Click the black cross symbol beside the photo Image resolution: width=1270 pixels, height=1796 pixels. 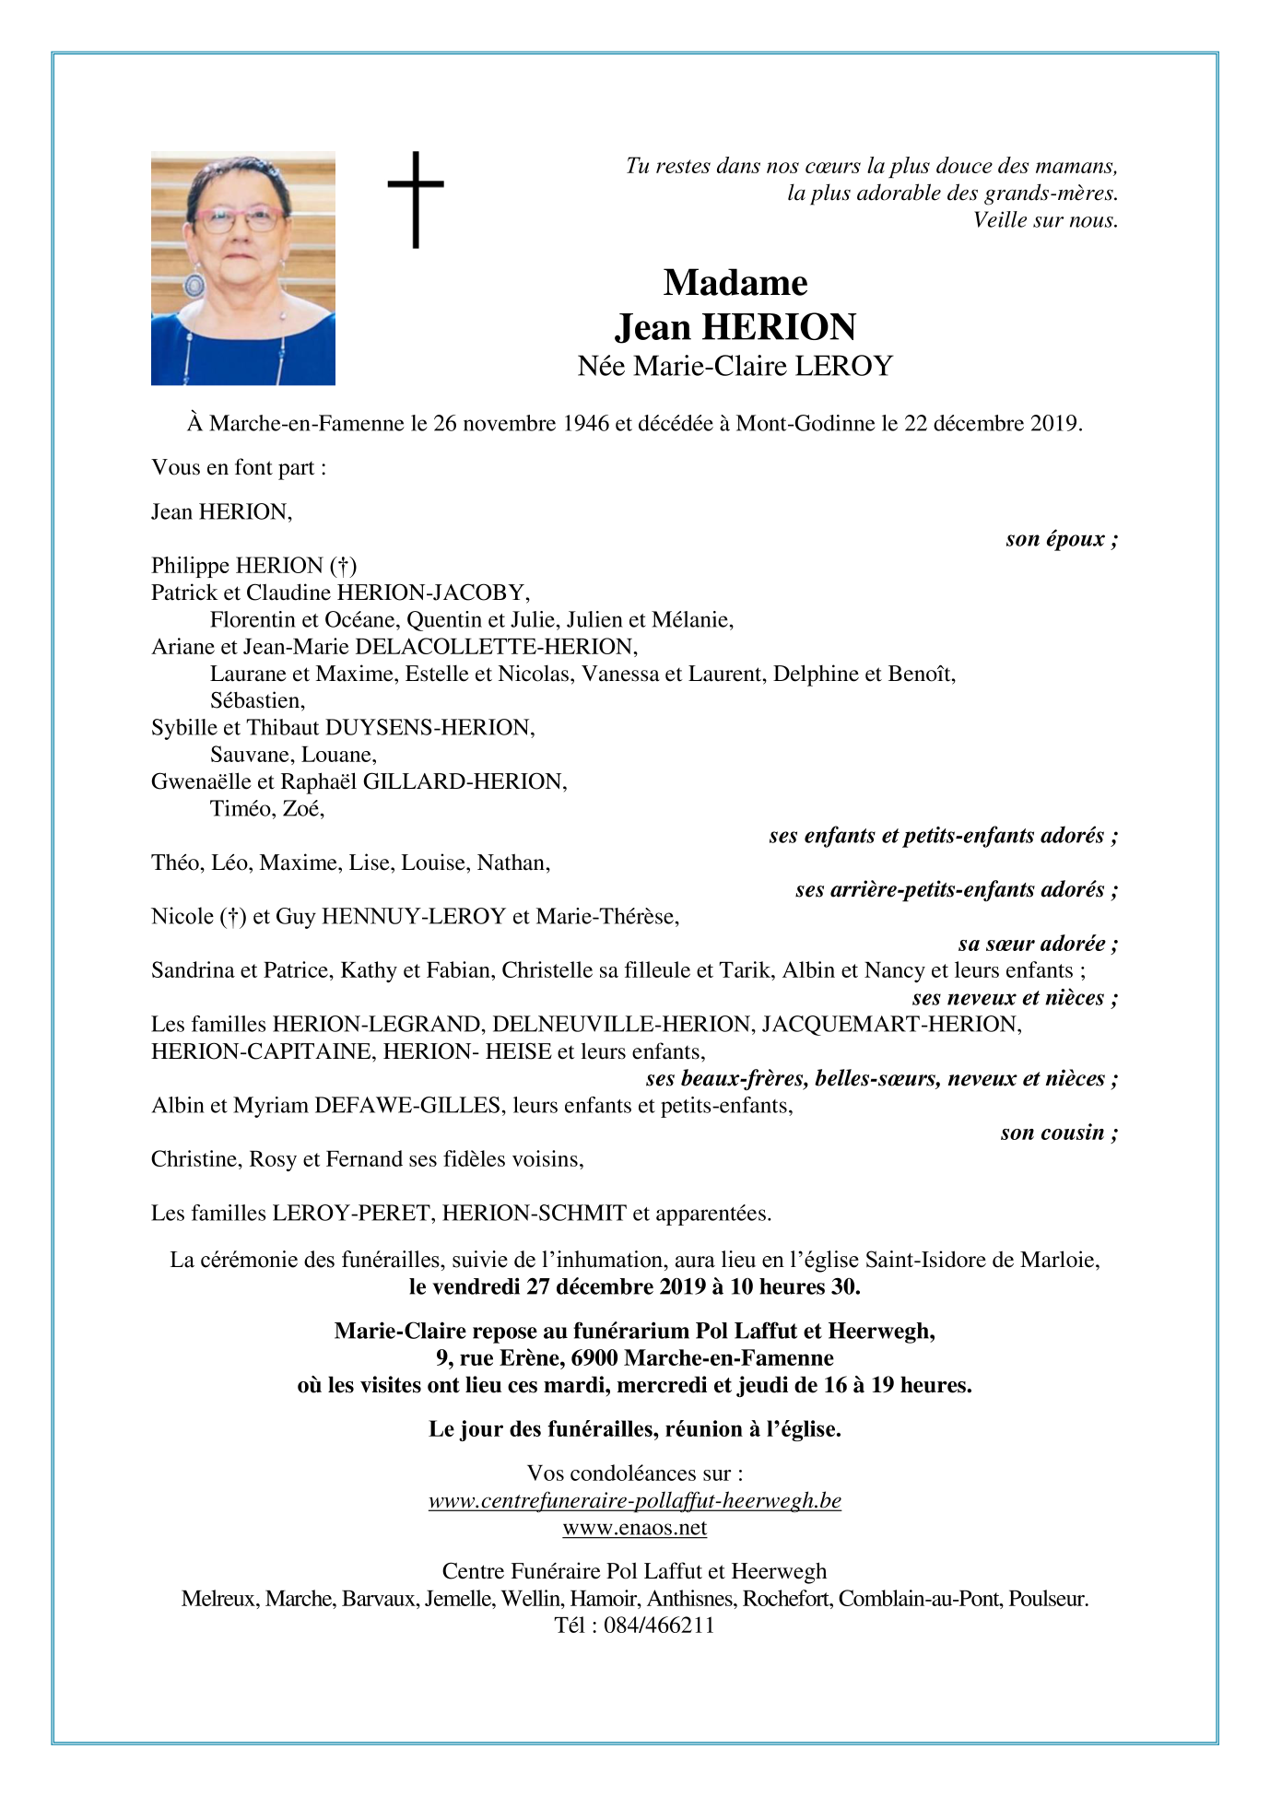pos(416,199)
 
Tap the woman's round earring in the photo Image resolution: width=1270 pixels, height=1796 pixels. pos(194,285)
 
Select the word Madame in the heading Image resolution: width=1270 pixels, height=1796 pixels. pos(735,283)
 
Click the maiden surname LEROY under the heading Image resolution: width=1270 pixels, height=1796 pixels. pos(844,367)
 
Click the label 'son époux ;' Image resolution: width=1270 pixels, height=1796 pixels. pos(1062,539)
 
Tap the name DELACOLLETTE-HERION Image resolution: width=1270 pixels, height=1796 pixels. pos(496,647)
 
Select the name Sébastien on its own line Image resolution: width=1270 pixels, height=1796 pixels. pos(257,700)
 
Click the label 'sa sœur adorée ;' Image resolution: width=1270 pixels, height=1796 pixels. pos(1038,944)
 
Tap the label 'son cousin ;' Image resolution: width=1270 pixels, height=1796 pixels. pos(1059,1133)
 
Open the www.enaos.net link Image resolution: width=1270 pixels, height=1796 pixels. pos(634,1528)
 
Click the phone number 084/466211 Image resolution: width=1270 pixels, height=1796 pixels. pos(658,1626)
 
